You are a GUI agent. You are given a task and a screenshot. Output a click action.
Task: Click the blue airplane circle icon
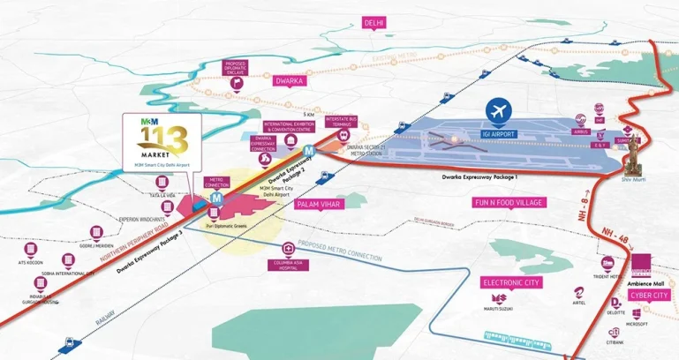pyautogui.click(x=500, y=111)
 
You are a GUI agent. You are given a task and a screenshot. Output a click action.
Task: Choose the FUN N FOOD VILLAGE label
pyautogui.click(x=509, y=202)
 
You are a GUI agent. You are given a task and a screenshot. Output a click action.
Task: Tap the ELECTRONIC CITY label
pyautogui.click(x=509, y=282)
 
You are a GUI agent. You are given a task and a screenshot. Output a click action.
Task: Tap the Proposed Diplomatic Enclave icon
pyautogui.click(x=236, y=84)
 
